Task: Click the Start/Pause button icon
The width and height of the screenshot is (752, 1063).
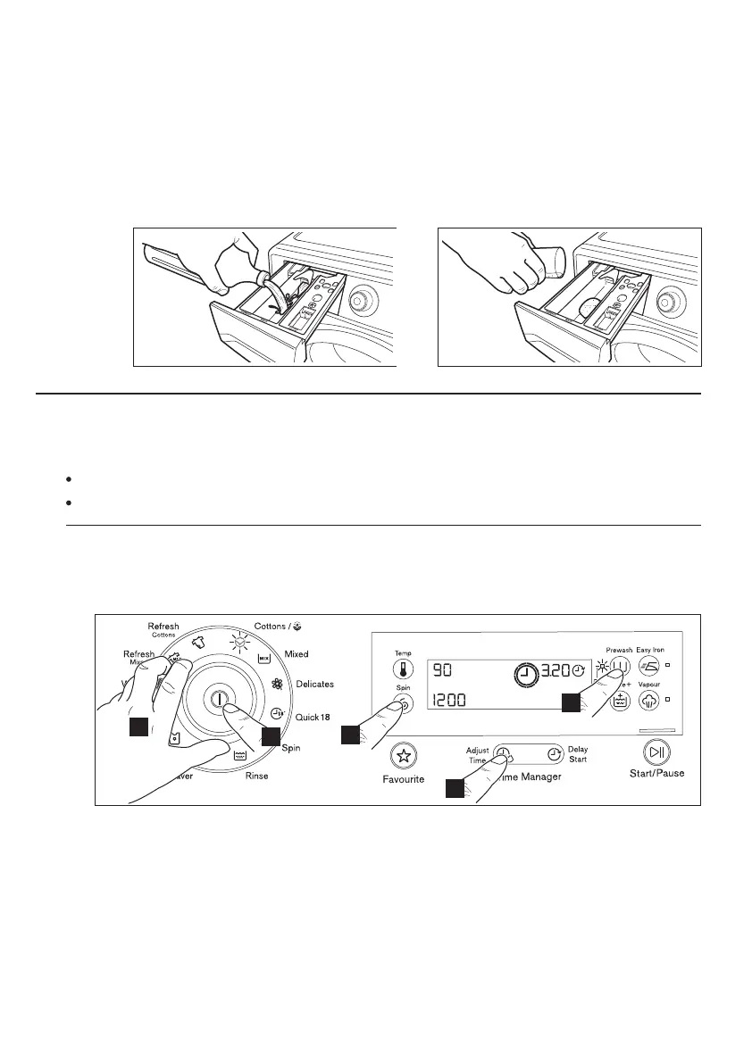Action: [x=657, y=752]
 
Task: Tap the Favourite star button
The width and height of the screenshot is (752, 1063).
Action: [x=404, y=757]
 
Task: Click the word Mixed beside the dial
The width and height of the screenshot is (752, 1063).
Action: [x=297, y=654]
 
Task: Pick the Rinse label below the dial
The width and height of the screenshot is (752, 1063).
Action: [x=256, y=776]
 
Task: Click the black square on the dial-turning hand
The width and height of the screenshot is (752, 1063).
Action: [x=138, y=727]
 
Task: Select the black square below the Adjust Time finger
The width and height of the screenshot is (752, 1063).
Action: [x=455, y=788]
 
